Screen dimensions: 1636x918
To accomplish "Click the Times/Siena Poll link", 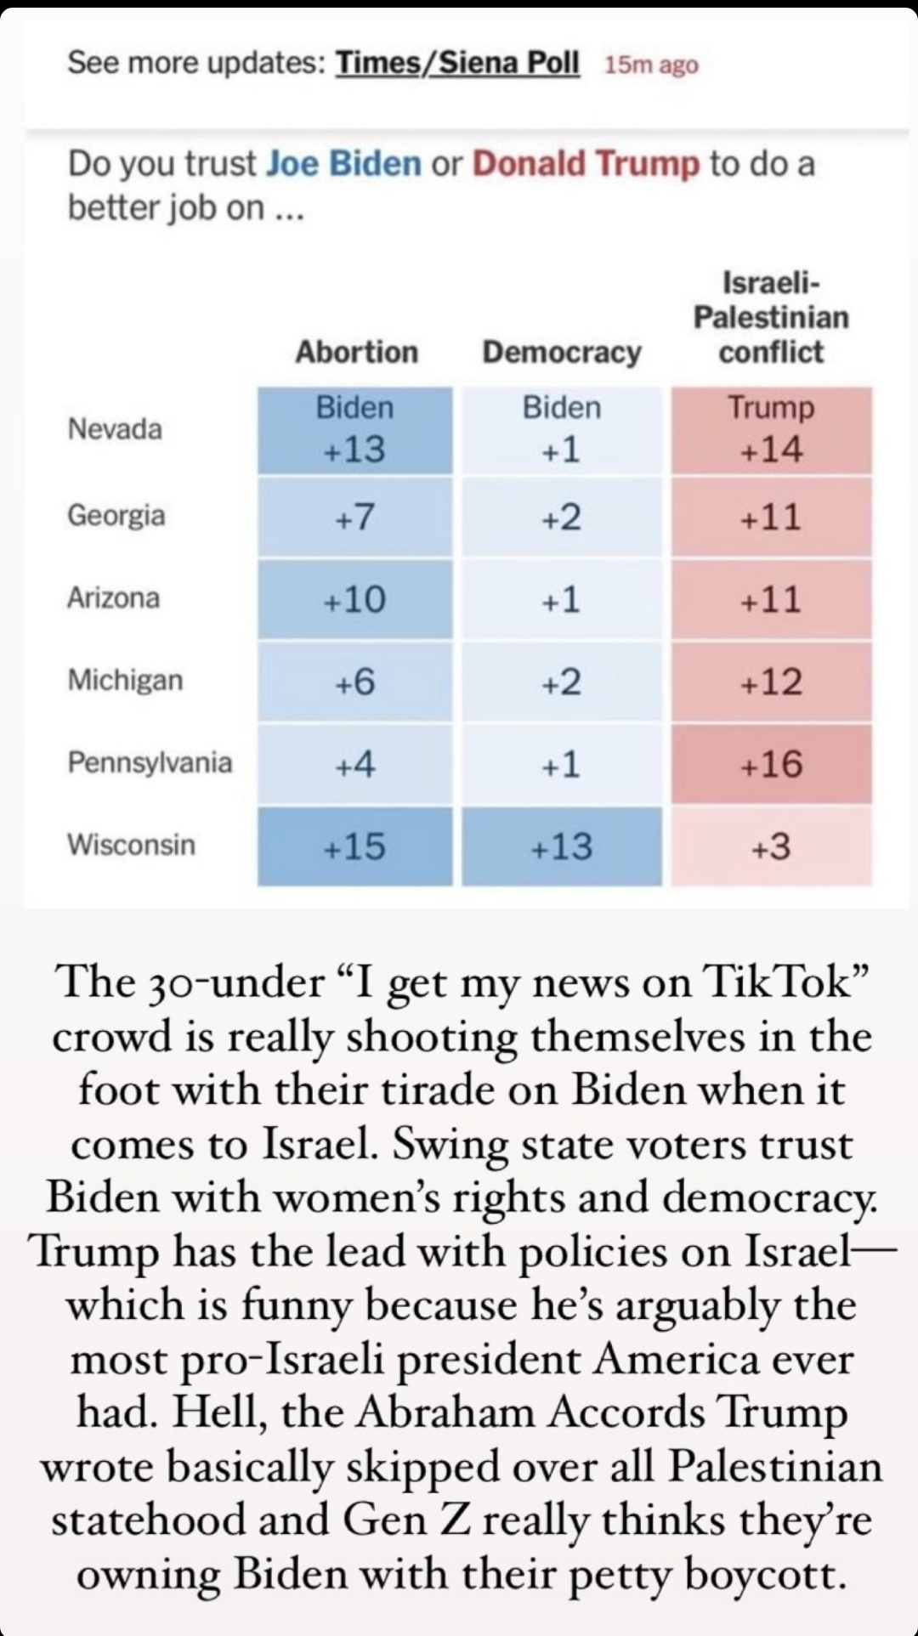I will pos(457,63).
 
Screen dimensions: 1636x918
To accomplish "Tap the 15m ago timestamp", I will pos(651,65).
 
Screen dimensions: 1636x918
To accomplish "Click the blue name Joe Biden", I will pos(343,162).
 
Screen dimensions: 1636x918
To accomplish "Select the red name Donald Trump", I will pos(586,162).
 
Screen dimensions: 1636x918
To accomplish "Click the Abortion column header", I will pos(357,352).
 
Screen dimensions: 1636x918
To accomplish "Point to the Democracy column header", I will pos(562,352).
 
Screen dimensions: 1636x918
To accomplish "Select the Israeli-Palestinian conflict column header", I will pos(771,317).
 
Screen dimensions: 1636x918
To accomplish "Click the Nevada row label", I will pos(115,428).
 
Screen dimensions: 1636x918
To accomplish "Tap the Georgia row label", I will pos(116,516).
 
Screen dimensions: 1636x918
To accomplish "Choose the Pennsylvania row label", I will pos(150,761).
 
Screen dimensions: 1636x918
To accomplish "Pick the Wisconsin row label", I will pos(132,845).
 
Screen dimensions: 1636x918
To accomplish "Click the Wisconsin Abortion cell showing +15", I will pos(355,846).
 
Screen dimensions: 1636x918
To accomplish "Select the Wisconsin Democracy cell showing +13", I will pos(562,846).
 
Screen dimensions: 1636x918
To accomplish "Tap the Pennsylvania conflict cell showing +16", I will pos(771,764).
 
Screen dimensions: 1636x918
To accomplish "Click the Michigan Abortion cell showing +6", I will pos(355,682).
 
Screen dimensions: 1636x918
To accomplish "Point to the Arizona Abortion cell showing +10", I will pos(355,599).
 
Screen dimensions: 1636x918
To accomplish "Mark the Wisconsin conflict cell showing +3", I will pos(771,846).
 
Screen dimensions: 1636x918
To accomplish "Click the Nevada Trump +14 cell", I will pos(771,430).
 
